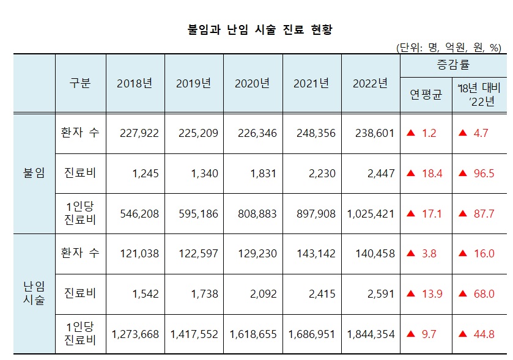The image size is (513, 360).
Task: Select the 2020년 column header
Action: tap(252, 84)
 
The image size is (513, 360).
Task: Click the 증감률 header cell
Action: tap(453, 65)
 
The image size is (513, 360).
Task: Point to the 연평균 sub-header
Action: tap(426, 95)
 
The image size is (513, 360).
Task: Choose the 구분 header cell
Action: tap(80, 84)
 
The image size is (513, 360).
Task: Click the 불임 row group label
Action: tap(34, 173)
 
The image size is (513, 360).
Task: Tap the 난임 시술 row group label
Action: tap(34, 294)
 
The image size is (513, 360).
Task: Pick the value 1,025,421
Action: tap(371, 214)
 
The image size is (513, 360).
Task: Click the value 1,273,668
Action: tap(136, 334)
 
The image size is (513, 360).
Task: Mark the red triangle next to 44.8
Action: tap(463, 334)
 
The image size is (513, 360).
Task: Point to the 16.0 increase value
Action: tap(484, 254)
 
